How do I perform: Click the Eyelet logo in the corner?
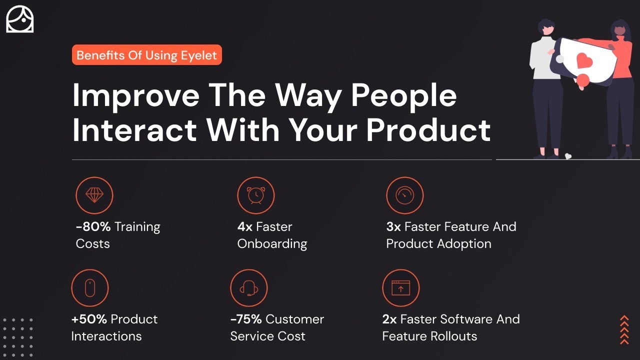pos(19,19)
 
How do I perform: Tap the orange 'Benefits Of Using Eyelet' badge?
pos(147,55)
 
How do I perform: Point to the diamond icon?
pos(94,195)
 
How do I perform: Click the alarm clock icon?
pos(255,195)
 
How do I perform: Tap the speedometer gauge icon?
pos(405,195)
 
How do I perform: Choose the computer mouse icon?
pos(90,287)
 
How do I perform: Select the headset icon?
pos(249,287)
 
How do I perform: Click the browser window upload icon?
pos(401,287)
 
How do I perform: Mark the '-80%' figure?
pos(93,227)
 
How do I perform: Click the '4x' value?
pos(245,227)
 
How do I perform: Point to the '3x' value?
pos(393,227)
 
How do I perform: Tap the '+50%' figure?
pos(89,319)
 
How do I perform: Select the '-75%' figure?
pos(246,319)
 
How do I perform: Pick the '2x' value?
pos(389,319)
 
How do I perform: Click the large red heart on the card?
pos(584,61)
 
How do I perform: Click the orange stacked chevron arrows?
pos(624,330)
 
